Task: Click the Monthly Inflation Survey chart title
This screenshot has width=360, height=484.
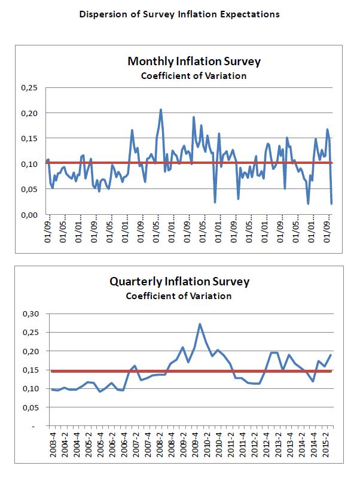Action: click(x=194, y=62)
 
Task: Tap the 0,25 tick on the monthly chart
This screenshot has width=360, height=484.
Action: click(x=29, y=88)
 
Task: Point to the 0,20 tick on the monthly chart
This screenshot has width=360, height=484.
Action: click(x=29, y=113)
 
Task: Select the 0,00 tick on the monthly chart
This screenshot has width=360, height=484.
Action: click(x=29, y=214)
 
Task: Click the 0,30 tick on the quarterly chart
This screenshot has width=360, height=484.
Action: click(x=29, y=313)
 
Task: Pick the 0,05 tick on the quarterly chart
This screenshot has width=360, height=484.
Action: click(x=29, y=407)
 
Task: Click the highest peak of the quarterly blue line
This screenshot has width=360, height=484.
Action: click(x=200, y=324)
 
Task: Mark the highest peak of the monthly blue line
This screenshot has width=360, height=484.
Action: click(x=161, y=109)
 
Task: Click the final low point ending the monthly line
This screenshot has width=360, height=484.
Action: click(x=331, y=203)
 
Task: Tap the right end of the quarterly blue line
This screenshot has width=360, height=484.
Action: click(x=331, y=355)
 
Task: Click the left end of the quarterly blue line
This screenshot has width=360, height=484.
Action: click(x=51, y=389)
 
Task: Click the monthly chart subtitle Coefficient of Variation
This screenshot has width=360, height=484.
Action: click(x=194, y=76)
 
